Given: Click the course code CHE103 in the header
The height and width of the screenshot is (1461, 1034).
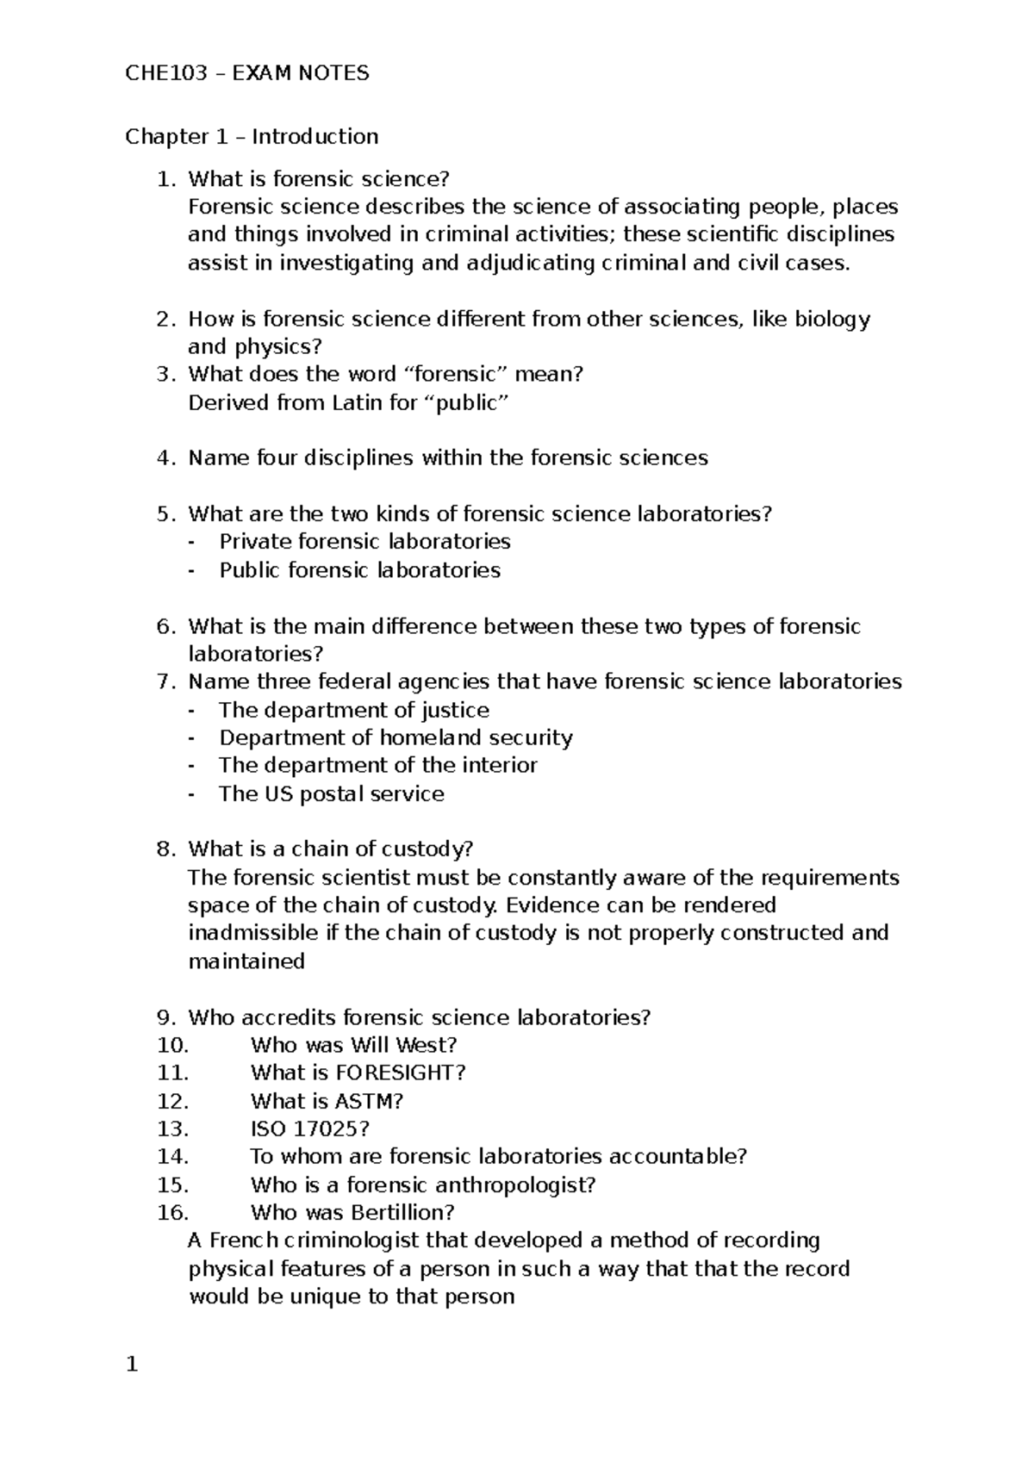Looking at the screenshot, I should coord(166,73).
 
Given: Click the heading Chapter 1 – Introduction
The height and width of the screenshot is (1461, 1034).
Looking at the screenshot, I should coord(252,137).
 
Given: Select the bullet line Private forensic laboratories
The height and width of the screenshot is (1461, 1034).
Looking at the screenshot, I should coord(364,542).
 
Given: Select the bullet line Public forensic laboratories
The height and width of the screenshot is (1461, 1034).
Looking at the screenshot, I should coord(359,570).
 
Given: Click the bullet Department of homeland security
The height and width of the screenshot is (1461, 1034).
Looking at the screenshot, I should coord(396,737).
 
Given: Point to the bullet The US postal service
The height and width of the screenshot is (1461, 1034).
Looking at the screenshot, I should coord(331,793).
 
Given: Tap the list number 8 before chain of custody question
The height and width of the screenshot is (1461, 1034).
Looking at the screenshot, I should coord(165,849).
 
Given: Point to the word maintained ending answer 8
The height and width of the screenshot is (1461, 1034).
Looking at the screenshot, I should coord(246,961).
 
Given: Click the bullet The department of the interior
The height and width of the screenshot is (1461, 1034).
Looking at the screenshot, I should coord(377,765).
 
